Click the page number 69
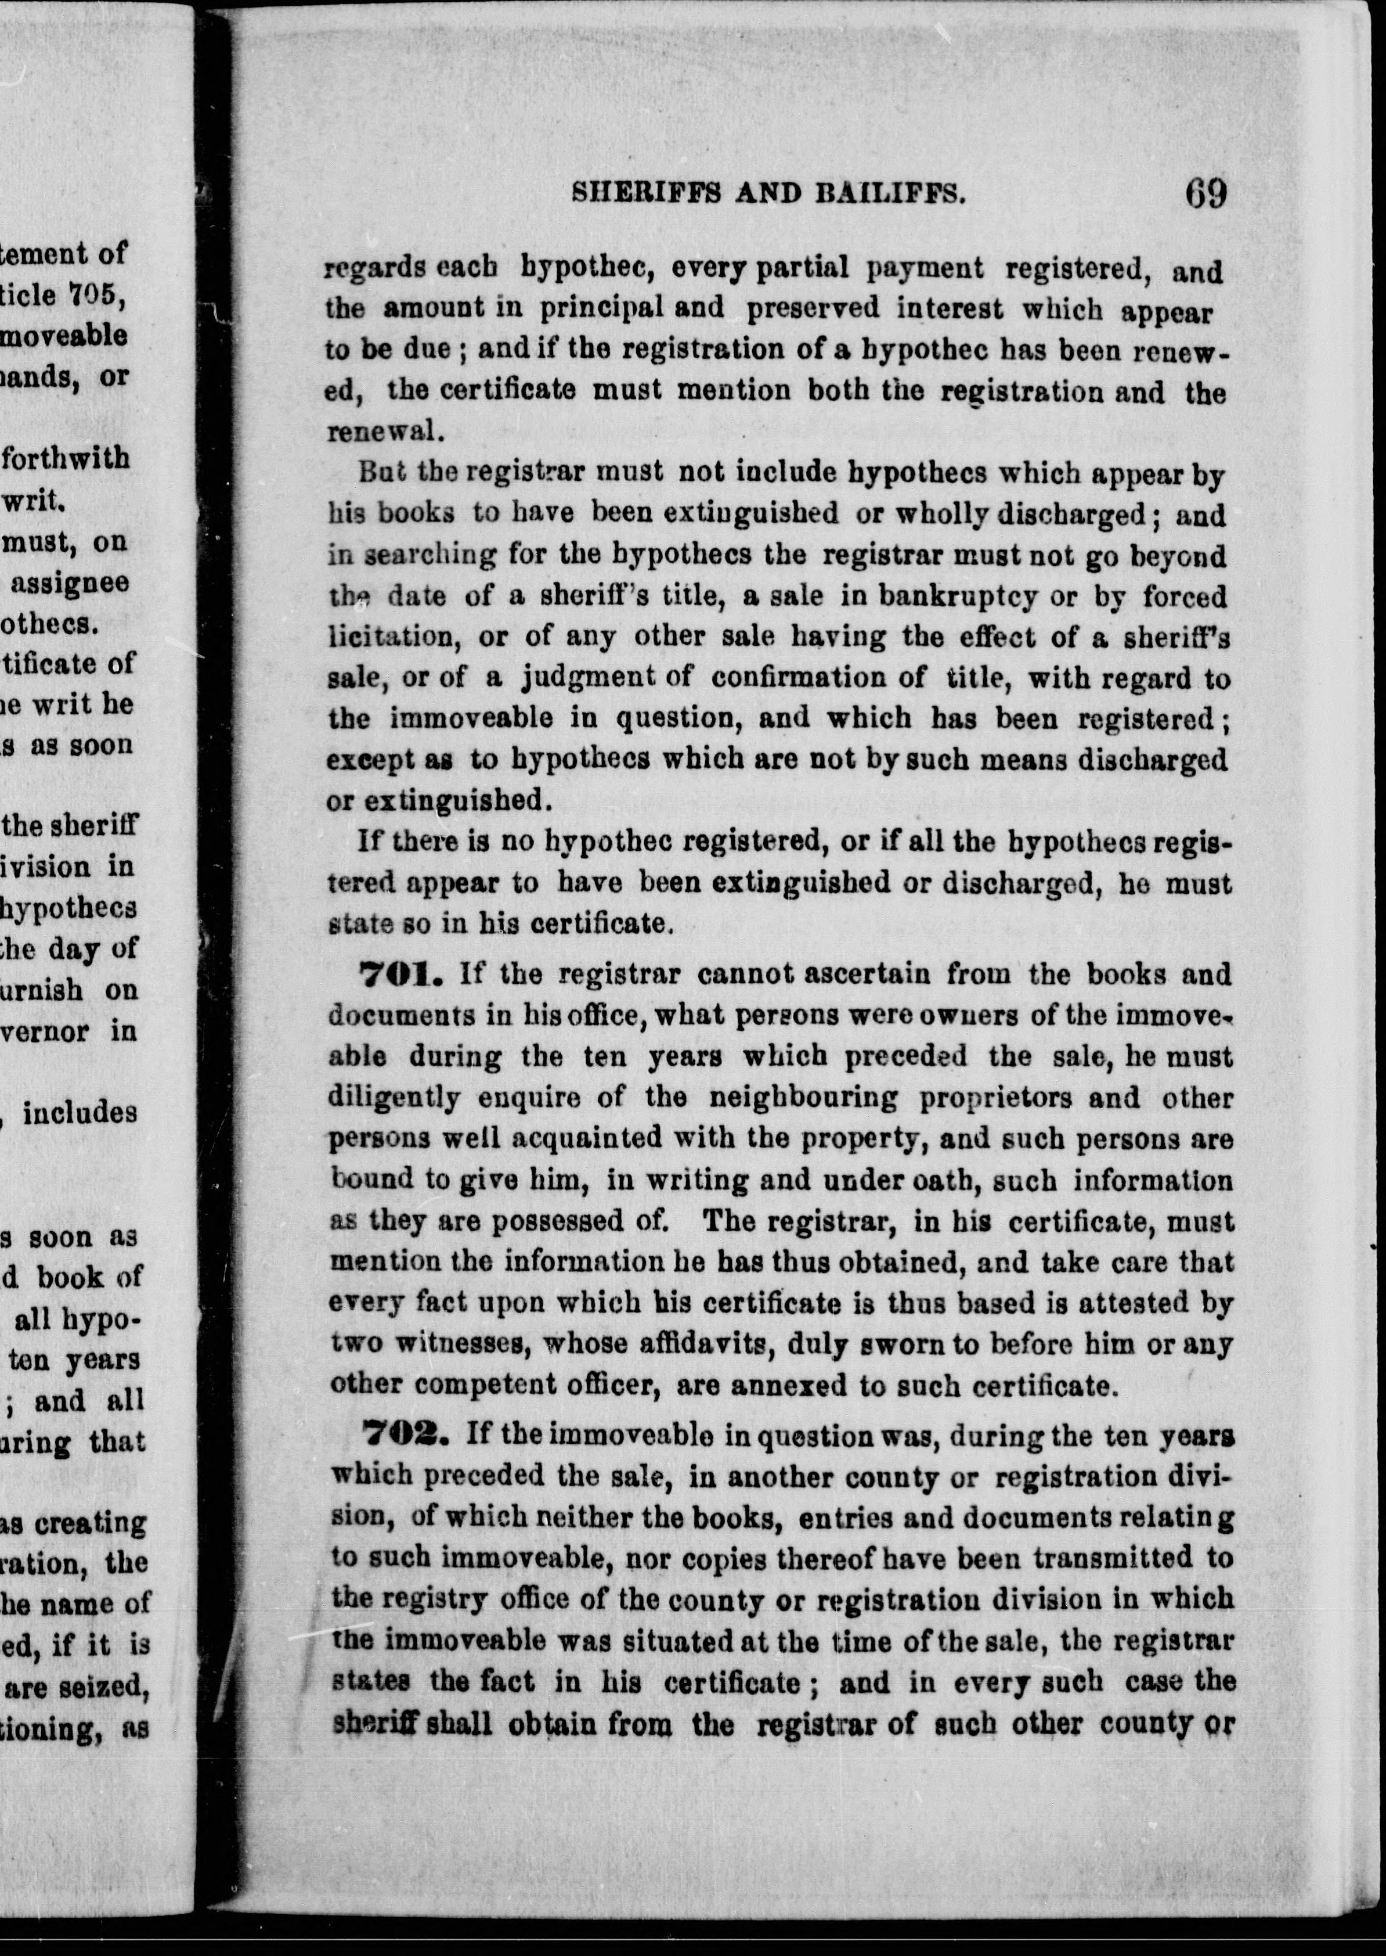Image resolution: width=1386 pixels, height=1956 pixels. click(x=1205, y=194)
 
